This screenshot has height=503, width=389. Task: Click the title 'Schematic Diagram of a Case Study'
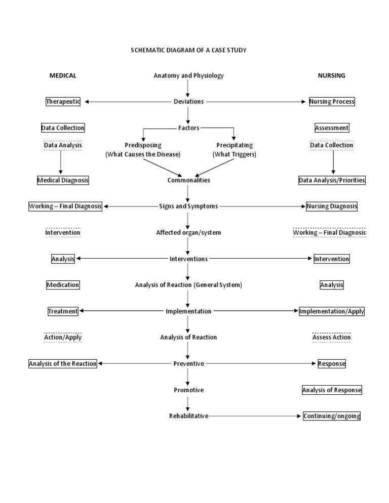click(x=188, y=50)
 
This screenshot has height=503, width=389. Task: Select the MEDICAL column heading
click(x=63, y=75)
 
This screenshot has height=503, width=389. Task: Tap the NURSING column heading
click(x=331, y=75)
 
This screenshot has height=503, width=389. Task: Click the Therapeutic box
click(x=63, y=101)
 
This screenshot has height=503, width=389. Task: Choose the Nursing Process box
click(x=332, y=101)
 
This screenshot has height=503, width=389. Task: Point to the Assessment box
click(x=332, y=128)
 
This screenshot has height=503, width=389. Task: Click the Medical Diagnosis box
click(x=63, y=180)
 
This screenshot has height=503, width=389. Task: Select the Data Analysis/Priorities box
click(x=332, y=180)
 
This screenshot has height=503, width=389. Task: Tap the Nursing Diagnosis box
click(x=332, y=206)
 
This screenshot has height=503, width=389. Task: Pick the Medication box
click(x=63, y=285)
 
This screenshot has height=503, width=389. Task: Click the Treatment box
click(x=63, y=311)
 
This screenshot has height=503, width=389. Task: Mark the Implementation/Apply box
click(x=332, y=311)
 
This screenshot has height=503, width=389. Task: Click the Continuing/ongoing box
click(x=332, y=416)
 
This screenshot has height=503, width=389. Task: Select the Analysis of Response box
click(x=332, y=390)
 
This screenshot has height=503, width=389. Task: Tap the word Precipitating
click(x=235, y=145)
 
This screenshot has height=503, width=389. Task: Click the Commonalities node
click(x=188, y=180)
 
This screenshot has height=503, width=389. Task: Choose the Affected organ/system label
click(x=188, y=233)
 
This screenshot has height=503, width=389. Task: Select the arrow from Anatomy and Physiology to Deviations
click(x=188, y=88)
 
